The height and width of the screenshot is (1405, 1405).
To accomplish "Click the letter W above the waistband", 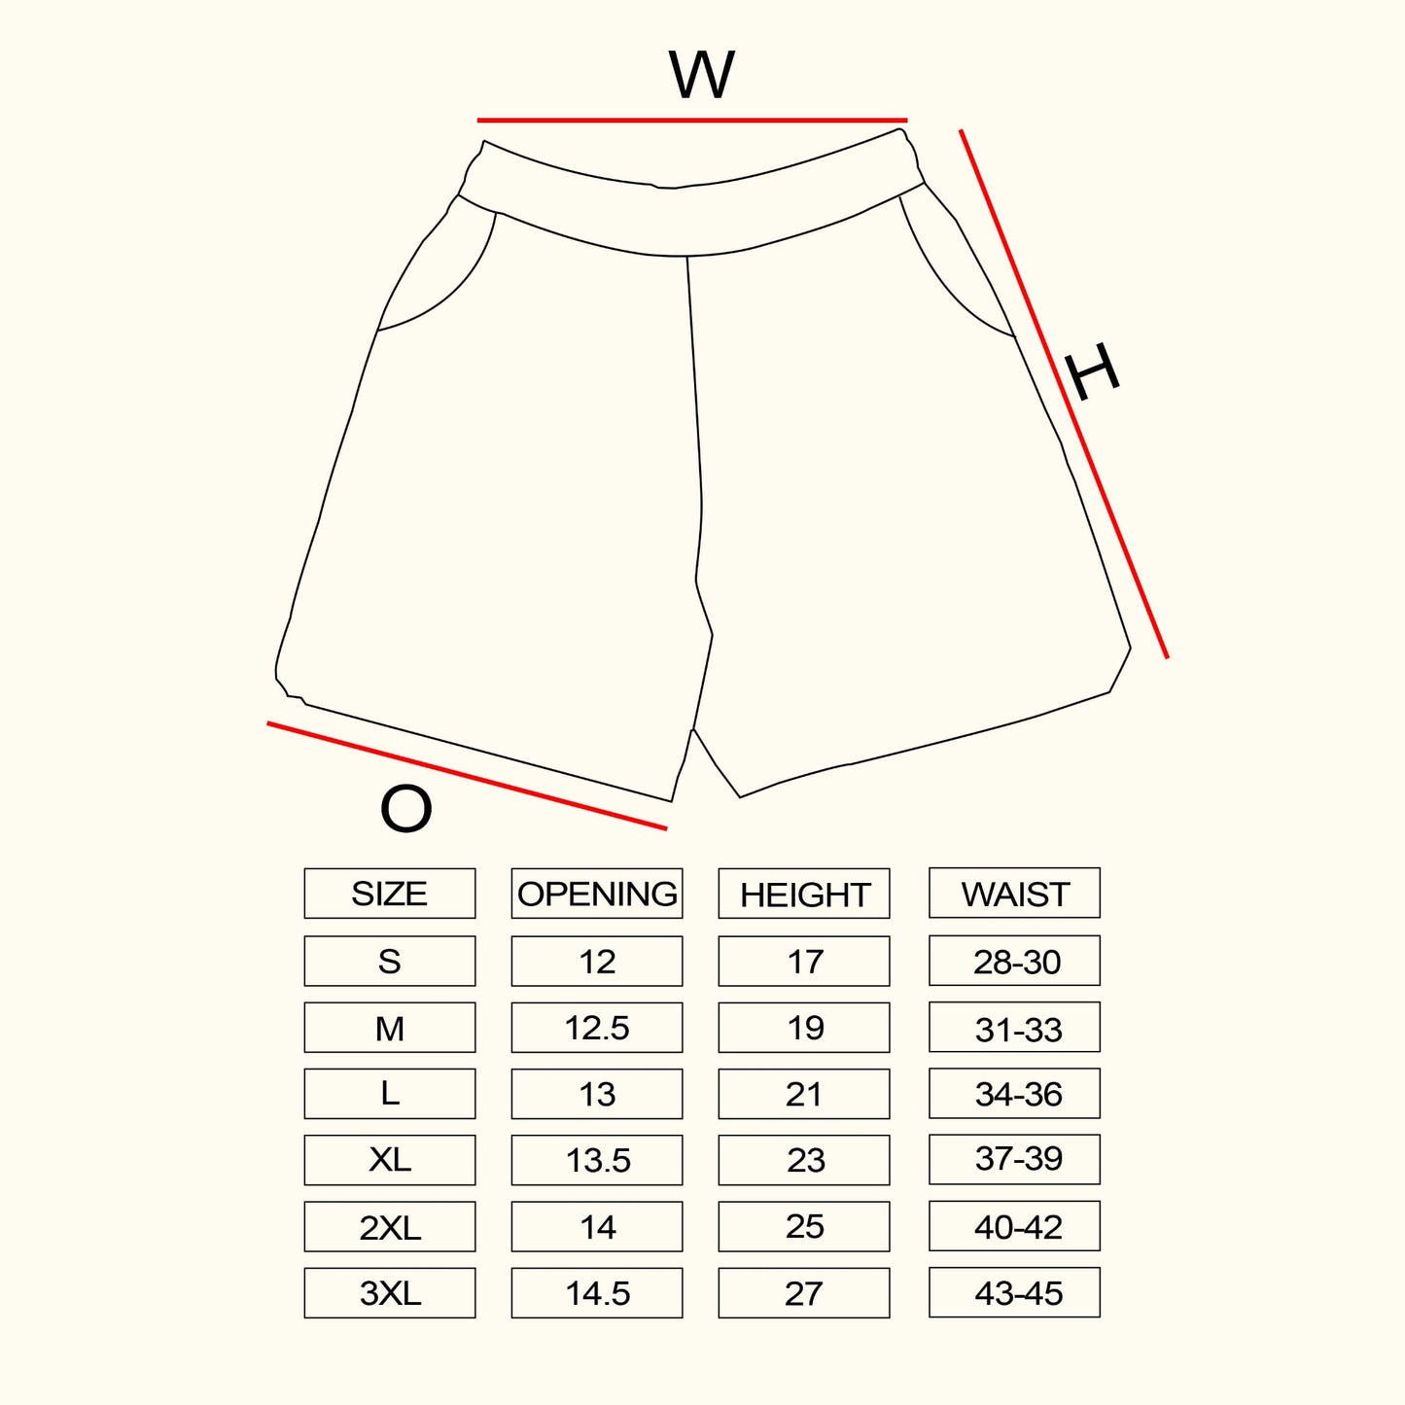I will pyautogui.click(x=701, y=75).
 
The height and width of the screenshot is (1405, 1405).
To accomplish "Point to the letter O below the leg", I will pyautogui.click(x=405, y=808).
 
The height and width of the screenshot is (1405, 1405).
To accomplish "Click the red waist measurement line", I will pyautogui.click(x=691, y=121).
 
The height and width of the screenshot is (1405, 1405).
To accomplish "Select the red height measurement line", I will pyautogui.click(x=1064, y=394).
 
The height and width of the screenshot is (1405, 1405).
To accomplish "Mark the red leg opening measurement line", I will pyautogui.click(x=467, y=776).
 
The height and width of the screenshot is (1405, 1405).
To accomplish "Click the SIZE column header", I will pyautogui.click(x=389, y=894).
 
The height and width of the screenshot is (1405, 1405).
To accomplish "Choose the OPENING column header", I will pyautogui.click(x=597, y=894).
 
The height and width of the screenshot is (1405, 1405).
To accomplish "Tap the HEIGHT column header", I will pyautogui.click(x=804, y=894).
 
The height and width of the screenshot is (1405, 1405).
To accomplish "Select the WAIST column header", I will pyautogui.click(x=1014, y=893).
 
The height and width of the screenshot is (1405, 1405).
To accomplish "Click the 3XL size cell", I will pyautogui.click(x=389, y=1293).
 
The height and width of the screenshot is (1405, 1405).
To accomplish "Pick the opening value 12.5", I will pyautogui.click(x=597, y=1028).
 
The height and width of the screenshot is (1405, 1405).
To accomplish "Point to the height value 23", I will pyautogui.click(x=804, y=1160).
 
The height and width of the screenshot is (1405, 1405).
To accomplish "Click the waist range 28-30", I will pyautogui.click(x=1015, y=962).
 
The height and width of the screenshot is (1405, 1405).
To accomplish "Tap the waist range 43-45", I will pyautogui.click(x=1015, y=1293).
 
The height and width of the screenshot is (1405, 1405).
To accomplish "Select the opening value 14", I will pyautogui.click(x=597, y=1227).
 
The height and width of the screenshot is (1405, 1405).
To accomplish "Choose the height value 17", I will pyautogui.click(x=804, y=962).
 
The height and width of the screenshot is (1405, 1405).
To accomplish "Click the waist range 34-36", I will pyautogui.click(x=1015, y=1094).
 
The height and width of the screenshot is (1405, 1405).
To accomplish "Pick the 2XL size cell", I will pyautogui.click(x=389, y=1227).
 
